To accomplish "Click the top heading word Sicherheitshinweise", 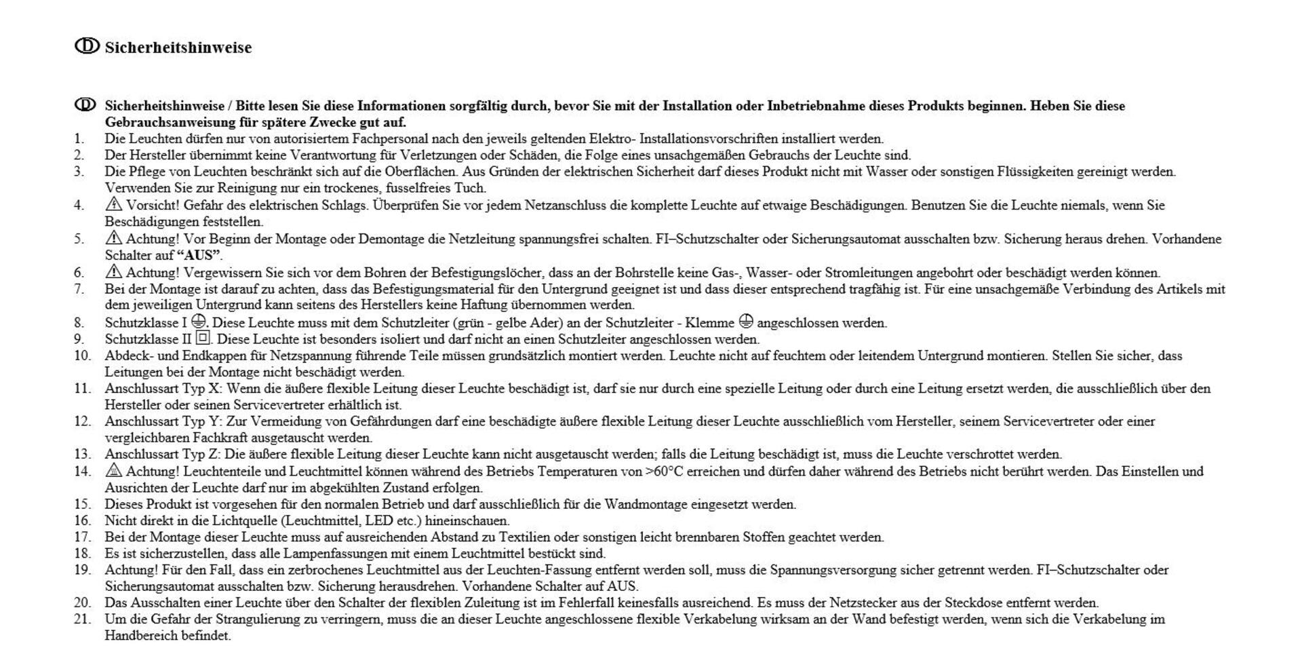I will point(178,47).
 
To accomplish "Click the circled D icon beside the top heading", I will point(86,46).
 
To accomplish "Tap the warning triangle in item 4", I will point(113,204).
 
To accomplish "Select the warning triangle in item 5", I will point(113,238).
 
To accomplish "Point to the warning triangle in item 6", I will point(113,272).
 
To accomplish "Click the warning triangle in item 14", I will point(113,470).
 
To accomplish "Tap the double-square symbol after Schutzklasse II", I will point(203,338).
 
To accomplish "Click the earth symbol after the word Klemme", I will point(745,322).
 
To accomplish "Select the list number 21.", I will point(82,619).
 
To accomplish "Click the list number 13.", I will point(82,454).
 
